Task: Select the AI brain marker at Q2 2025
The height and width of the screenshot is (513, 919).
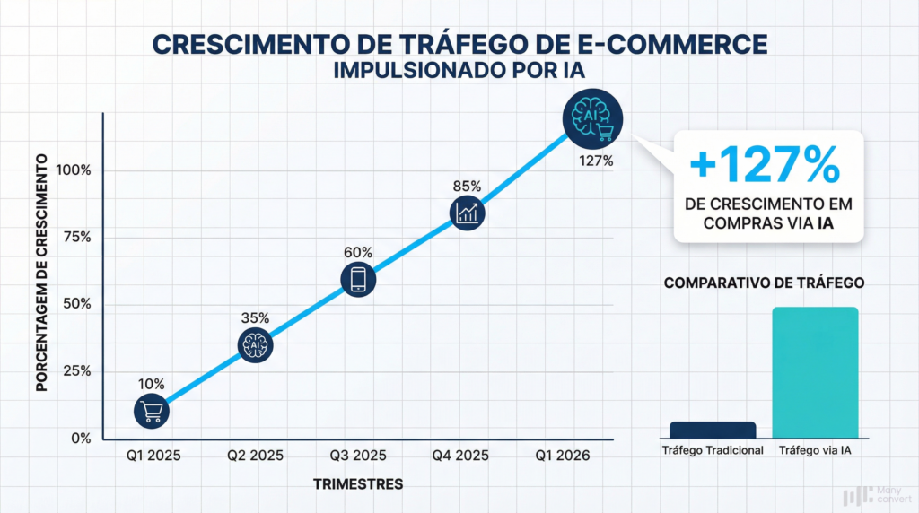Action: [x=255, y=344]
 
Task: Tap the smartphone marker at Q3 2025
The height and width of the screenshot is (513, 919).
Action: [x=357, y=279]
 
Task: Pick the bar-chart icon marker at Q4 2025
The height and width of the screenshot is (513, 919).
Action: [x=468, y=213]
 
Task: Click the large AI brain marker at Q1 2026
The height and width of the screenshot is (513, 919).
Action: [x=593, y=120]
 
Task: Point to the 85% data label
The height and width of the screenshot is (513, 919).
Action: [x=468, y=187]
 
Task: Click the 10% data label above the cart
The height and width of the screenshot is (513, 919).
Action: [x=151, y=384]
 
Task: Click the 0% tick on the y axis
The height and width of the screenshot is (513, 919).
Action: [x=80, y=438]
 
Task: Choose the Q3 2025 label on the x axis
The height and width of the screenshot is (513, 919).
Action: [x=357, y=456]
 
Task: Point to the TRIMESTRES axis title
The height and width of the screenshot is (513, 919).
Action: [x=358, y=484]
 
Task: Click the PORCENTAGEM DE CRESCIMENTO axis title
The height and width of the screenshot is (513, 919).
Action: [x=41, y=272]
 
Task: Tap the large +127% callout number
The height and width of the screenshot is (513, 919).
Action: [x=766, y=164]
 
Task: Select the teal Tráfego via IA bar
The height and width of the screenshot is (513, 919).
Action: [x=815, y=372]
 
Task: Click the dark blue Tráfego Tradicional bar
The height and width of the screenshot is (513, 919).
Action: [x=713, y=429]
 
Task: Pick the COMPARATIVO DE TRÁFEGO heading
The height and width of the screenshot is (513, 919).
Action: [x=764, y=283]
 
